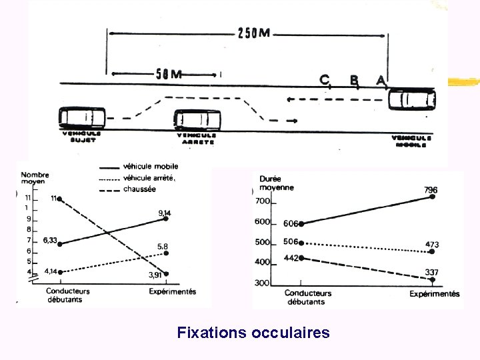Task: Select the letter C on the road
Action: tap(325, 79)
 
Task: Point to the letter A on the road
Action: tap(381, 80)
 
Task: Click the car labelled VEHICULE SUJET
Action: tap(82, 118)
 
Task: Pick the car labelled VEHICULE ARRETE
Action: tap(197, 120)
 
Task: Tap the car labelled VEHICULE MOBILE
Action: tap(412, 100)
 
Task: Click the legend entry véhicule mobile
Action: tap(151, 167)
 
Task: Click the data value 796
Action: tap(431, 189)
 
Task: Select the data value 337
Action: tap(432, 272)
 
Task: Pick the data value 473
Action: tap(432, 245)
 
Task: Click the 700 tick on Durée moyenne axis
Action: tap(261, 201)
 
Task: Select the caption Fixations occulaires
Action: tap(253, 332)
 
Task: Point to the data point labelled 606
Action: tap(301, 224)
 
